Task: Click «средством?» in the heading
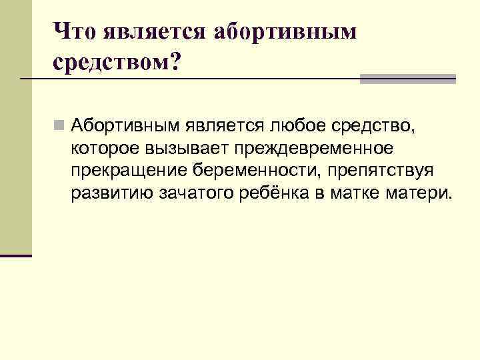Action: pyautogui.click(x=117, y=63)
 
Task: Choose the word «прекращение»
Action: pyautogui.click(x=130, y=170)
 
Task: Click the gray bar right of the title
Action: pyautogui.click(x=407, y=79)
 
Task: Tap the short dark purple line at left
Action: pyautogui.click(x=16, y=255)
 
